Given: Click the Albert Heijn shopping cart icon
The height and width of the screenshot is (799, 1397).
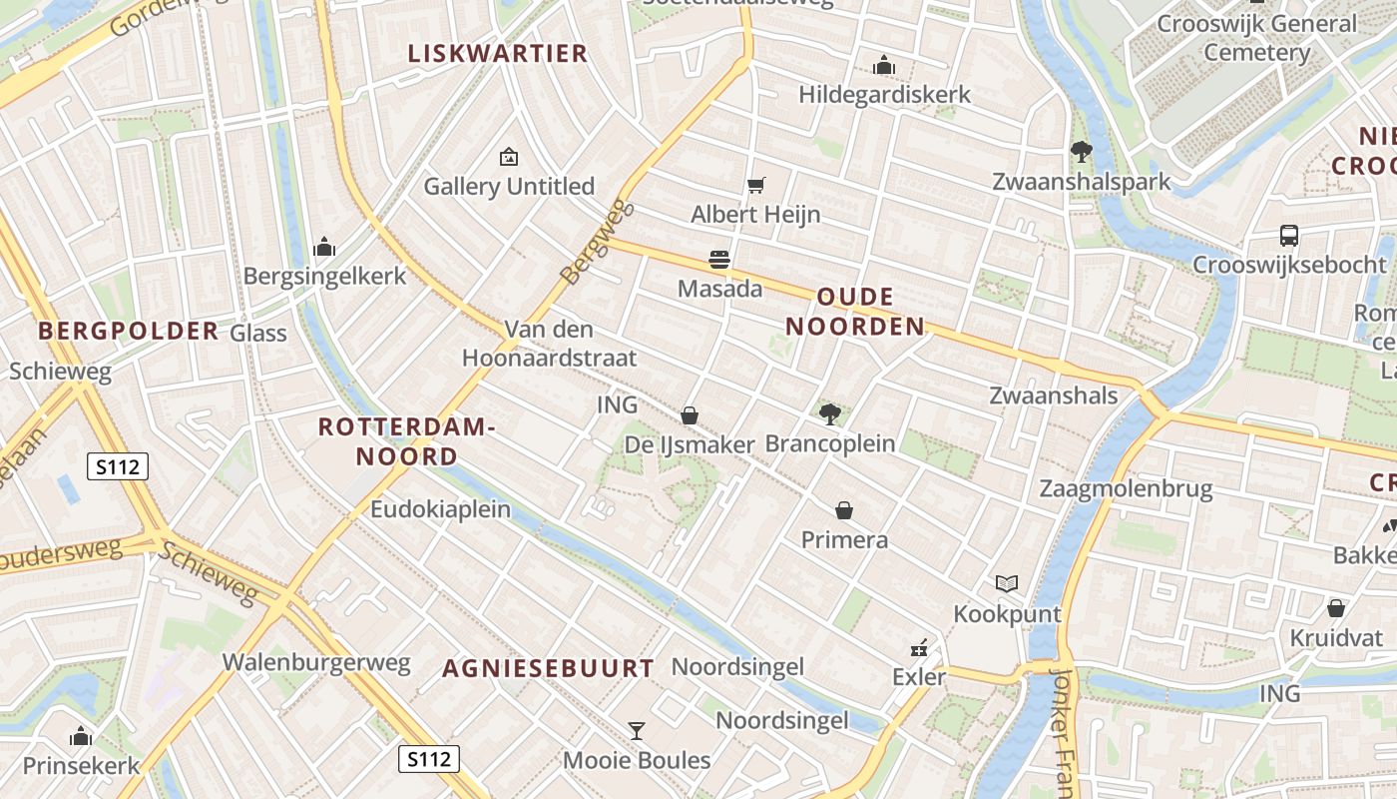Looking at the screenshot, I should (x=756, y=185).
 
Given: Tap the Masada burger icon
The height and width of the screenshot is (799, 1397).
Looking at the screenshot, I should (x=719, y=260).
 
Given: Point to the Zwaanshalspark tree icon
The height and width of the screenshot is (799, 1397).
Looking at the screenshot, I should (x=1081, y=152).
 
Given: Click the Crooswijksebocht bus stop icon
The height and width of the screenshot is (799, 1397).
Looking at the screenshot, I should (x=1289, y=236).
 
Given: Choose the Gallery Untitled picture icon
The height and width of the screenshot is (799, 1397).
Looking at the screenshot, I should (x=509, y=157).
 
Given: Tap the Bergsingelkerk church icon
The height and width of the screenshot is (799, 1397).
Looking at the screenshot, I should (x=324, y=247).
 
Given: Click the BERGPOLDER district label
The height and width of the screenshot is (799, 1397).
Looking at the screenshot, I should (x=128, y=331).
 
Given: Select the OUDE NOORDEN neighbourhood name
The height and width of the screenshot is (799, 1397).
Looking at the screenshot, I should (x=855, y=312).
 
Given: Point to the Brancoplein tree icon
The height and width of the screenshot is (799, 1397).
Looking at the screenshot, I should (x=829, y=413).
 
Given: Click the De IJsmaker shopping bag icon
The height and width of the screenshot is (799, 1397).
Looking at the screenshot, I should (x=690, y=414).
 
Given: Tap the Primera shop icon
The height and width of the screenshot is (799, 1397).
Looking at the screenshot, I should (x=844, y=510).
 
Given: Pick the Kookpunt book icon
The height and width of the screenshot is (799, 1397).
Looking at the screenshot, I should (x=1007, y=583).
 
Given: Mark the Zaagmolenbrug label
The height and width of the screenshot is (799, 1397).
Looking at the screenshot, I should (x=1126, y=488).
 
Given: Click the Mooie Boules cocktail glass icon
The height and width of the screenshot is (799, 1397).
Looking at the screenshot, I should (x=637, y=731).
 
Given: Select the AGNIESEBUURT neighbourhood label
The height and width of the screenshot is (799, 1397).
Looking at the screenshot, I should (x=549, y=668).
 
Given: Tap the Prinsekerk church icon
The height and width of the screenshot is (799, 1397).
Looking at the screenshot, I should (x=81, y=737).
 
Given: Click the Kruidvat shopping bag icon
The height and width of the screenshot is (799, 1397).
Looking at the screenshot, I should (x=1336, y=608).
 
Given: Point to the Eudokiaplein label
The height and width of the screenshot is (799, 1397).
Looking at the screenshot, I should (x=440, y=509).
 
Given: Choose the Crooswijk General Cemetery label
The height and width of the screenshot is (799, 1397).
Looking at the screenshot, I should (x=1257, y=37).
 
